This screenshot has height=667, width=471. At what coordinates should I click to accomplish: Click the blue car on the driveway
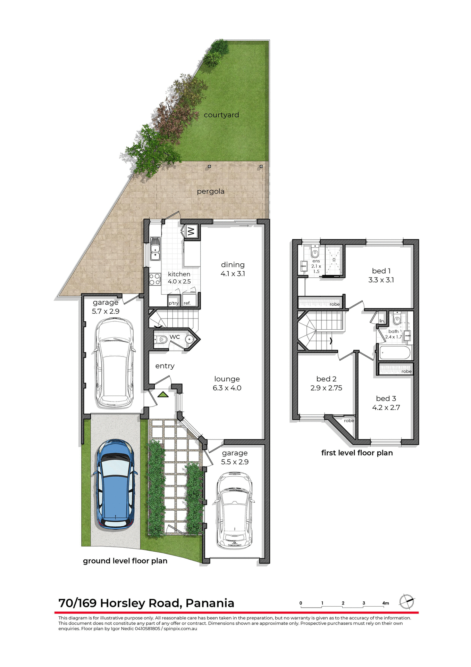point(115,485)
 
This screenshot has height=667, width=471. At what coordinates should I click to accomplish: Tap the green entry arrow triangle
point(163,395)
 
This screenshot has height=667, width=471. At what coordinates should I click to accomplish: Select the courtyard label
point(221,115)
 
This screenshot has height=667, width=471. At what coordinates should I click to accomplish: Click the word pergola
point(210,191)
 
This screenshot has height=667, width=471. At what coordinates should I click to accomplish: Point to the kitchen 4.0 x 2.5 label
point(179,278)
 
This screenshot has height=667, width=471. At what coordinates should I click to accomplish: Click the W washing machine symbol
point(191,231)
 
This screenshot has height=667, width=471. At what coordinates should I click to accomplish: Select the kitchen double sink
point(155,248)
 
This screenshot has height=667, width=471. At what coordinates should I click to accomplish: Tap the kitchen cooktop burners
point(155,279)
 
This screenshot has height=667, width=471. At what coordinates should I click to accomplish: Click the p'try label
point(174,303)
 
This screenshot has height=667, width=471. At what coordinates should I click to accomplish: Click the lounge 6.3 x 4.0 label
point(227,384)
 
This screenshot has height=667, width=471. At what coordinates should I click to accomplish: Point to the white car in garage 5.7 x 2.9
point(114,363)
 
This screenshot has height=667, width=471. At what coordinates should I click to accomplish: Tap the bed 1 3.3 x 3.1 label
point(381,275)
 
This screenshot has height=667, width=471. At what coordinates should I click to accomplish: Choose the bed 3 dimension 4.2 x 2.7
point(386,408)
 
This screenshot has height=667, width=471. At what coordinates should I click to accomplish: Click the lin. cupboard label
point(382,321)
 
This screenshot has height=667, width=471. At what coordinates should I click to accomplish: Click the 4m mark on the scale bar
point(385,603)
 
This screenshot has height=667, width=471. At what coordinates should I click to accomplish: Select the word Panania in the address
point(210,603)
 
